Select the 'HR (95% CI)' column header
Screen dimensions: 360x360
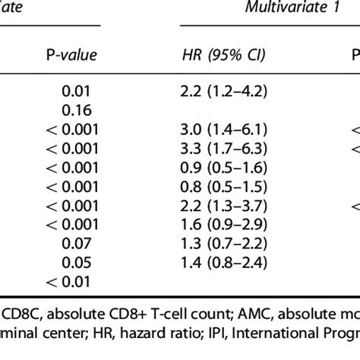[227, 55]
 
